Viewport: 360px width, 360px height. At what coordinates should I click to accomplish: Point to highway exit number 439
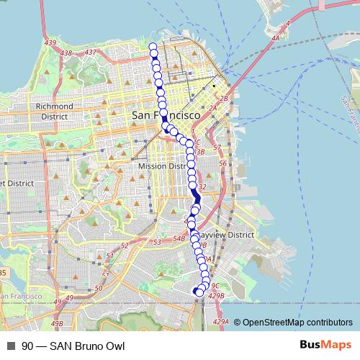(50, 45)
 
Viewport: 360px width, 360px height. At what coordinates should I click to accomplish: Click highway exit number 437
(91, 52)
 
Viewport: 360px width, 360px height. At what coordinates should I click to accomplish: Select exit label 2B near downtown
(224, 98)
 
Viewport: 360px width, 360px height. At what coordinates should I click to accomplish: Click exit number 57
(217, 146)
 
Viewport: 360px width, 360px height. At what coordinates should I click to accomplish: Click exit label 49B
(57, 324)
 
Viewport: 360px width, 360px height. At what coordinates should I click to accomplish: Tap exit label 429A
(222, 322)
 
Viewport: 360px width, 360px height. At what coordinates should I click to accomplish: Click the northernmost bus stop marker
(153, 48)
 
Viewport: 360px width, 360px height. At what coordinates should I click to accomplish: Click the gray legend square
(11, 346)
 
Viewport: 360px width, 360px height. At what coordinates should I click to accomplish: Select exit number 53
(157, 241)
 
